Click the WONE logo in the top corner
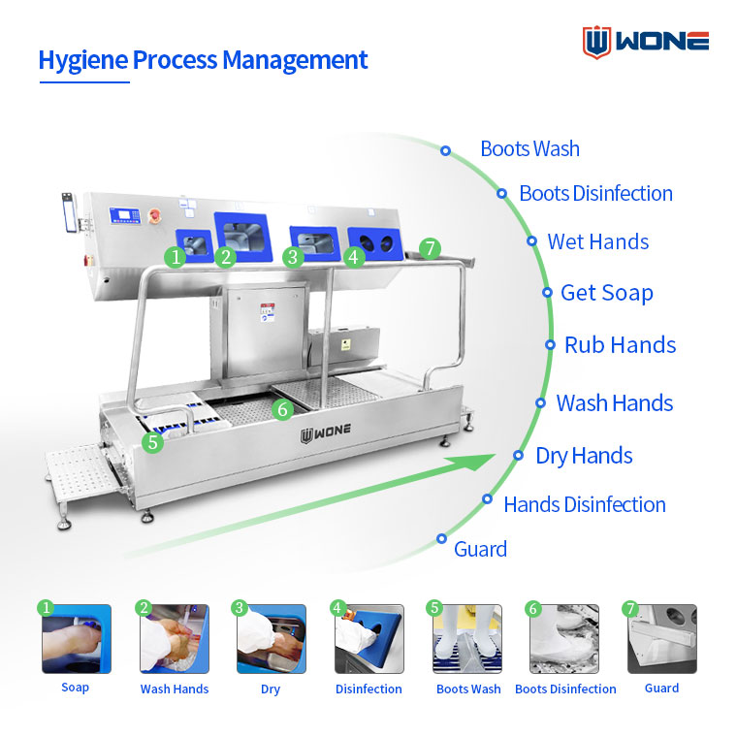645,42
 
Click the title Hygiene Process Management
203,61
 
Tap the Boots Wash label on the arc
529,149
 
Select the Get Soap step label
607,293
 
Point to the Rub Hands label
620,345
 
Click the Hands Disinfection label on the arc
585,505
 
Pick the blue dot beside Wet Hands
531,241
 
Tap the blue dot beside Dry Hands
518,455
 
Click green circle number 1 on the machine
176,257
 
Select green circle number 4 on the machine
354,257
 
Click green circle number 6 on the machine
282,409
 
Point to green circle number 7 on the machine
430,248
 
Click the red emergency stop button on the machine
154,215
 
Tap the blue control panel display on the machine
125,215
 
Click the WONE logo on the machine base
326,434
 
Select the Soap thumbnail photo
77,639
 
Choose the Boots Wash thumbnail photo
467,639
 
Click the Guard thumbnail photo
662,639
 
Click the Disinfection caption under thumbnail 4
368,689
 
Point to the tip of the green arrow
495,455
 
